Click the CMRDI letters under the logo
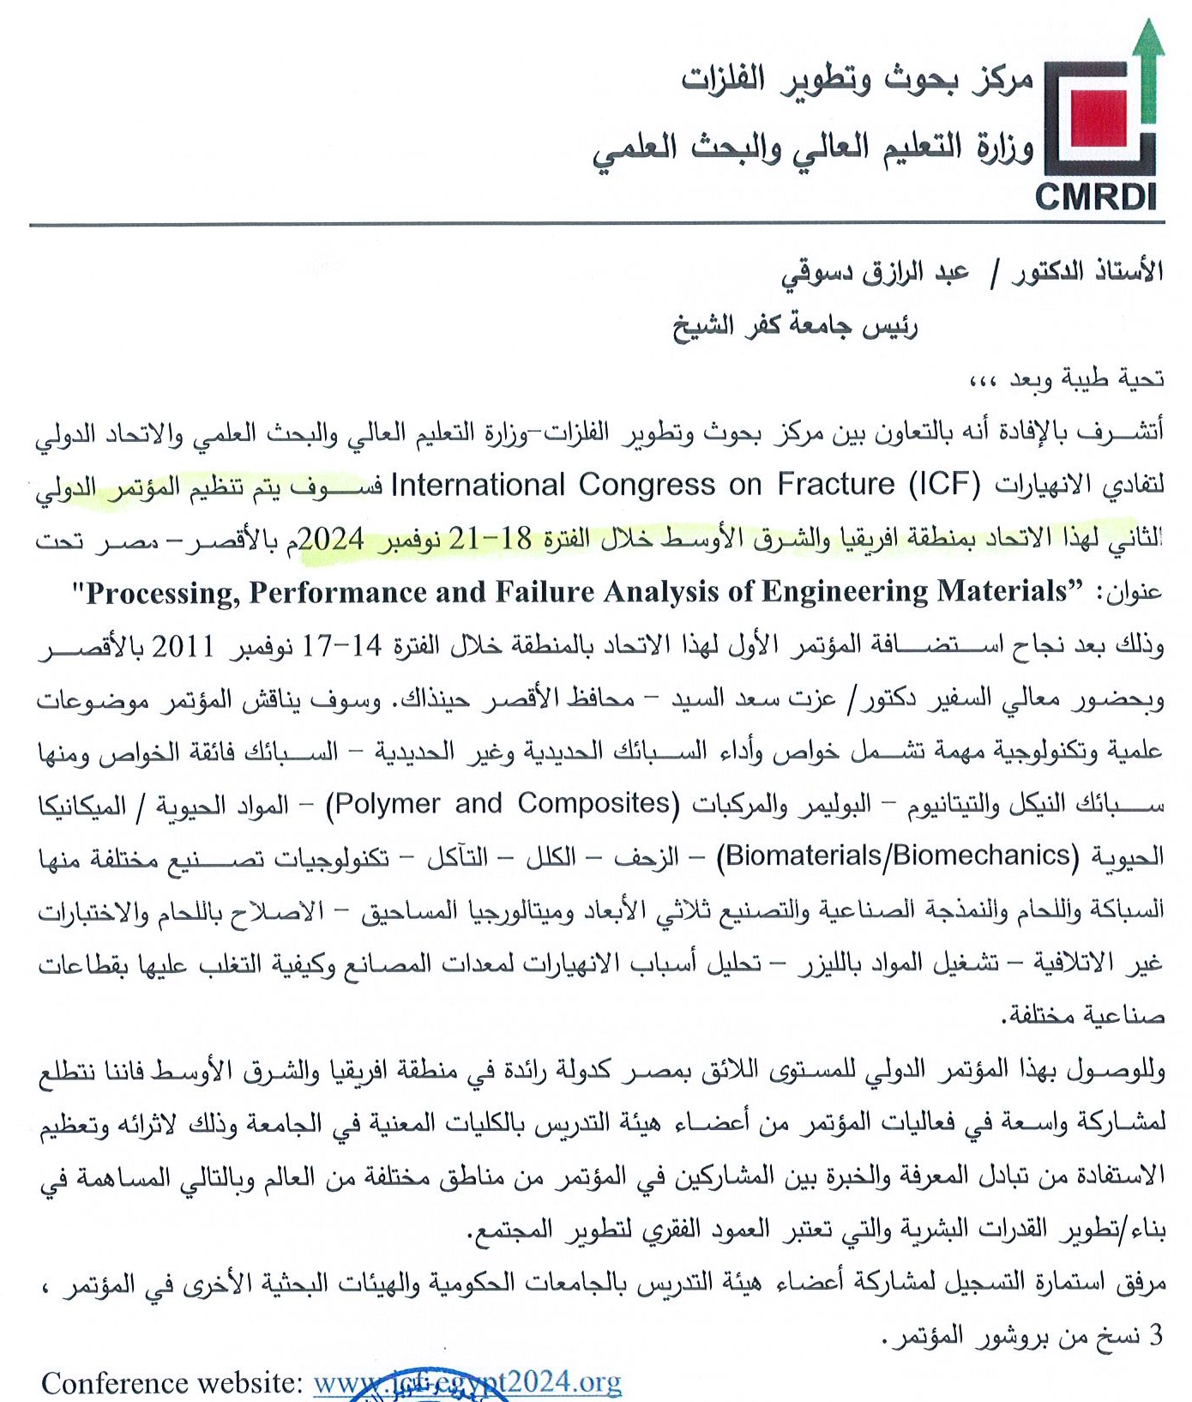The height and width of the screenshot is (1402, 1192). (1095, 196)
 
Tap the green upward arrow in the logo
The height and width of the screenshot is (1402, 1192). (1147, 73)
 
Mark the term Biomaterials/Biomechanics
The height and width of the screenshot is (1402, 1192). (897, 856)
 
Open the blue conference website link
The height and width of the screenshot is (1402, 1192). (467, 1382)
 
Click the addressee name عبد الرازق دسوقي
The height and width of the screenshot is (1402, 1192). (875, 274)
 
